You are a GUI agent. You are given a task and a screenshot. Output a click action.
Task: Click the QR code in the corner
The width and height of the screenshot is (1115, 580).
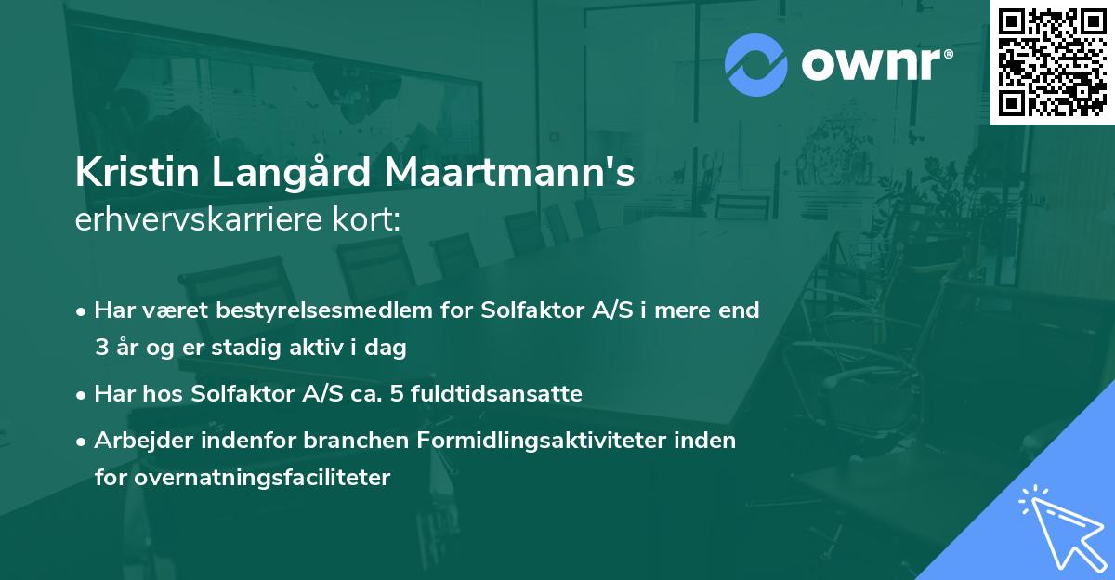(x=1052, y=61)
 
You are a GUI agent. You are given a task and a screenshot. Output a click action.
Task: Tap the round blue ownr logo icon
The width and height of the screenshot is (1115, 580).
(x=756, y=65)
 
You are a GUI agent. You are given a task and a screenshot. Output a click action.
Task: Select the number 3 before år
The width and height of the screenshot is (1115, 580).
(x=100, y=348)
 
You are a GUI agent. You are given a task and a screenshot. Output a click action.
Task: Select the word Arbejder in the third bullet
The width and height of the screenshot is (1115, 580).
(x=137, y=441)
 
